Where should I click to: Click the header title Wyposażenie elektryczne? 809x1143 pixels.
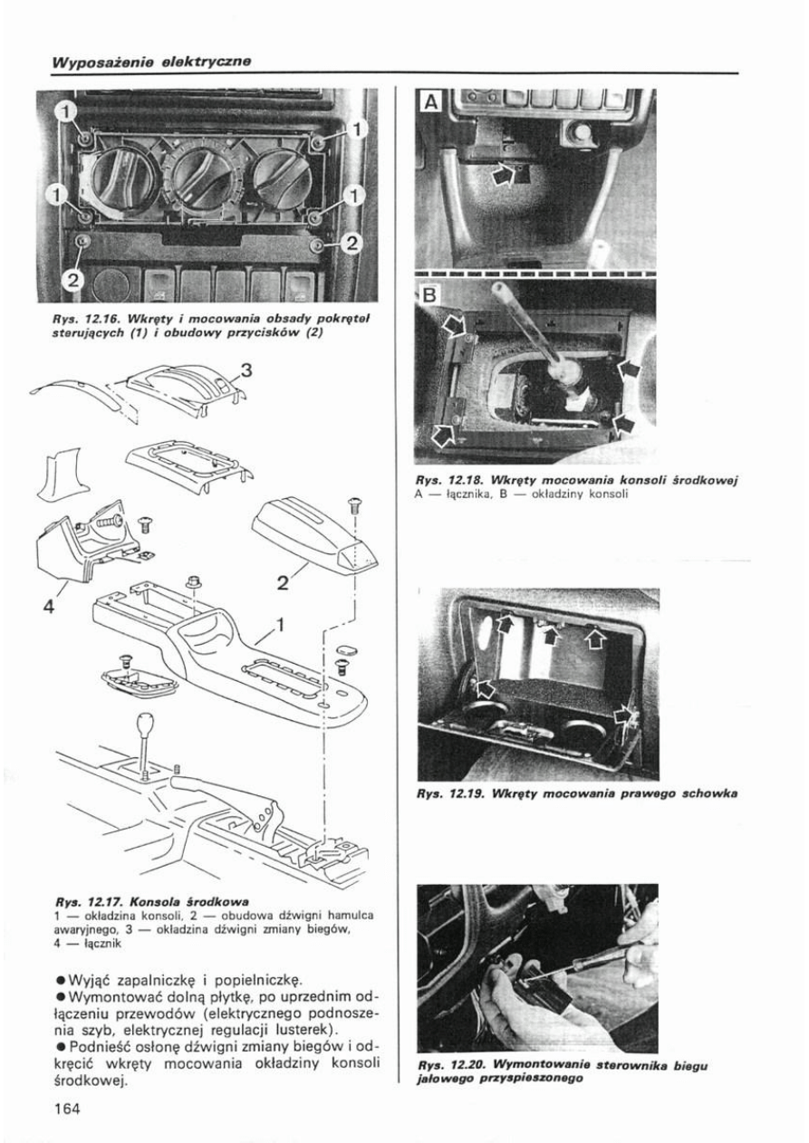tap(150, 62)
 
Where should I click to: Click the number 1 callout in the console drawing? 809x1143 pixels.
tap(280, 624)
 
